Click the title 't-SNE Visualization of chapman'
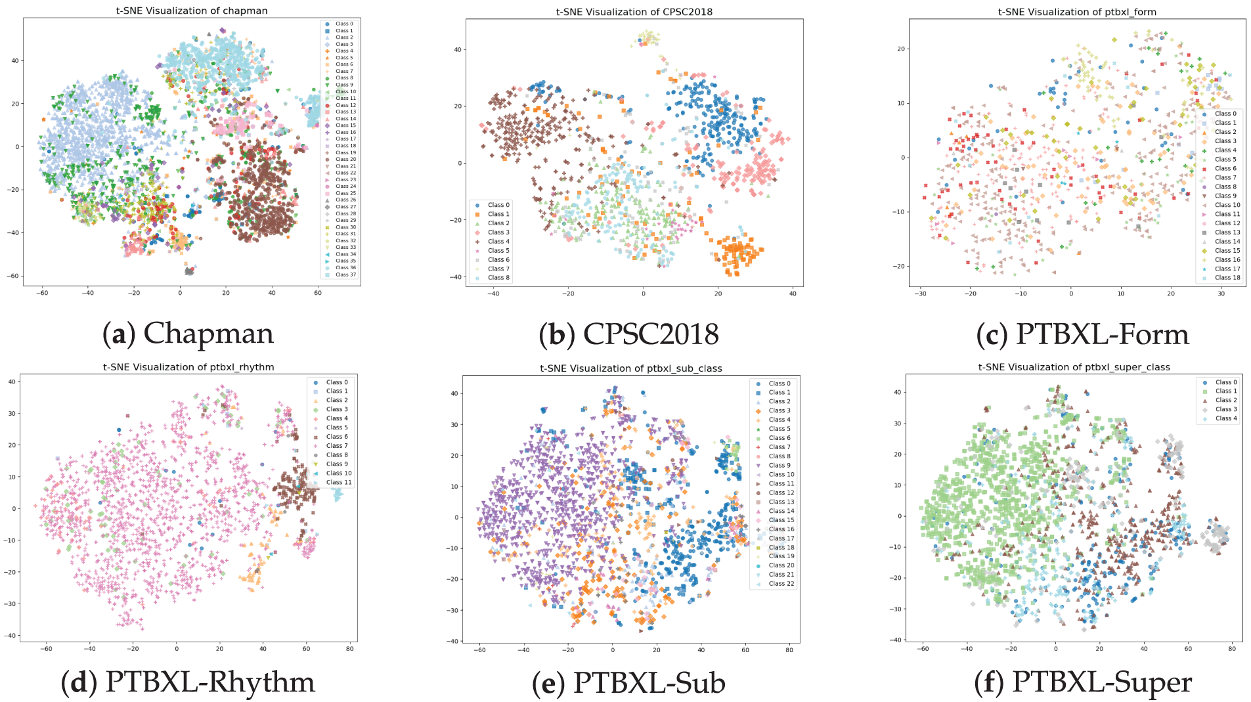click(x=192, y=11)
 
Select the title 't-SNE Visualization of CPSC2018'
click(x=634, y=12)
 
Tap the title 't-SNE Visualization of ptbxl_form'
click(x=1077, y=12)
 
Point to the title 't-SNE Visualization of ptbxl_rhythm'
click(x=188, y=367)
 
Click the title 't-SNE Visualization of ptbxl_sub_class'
click(x=631, y=368)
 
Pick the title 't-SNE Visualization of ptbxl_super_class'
click(x=1074, y=367)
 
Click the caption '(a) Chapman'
click(x=188, y=334)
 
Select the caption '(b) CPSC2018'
click(x=629, y=334)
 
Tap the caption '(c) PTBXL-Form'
click(x=1082, y=334)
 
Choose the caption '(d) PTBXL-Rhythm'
click(x=188, y=682)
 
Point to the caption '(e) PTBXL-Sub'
click(x=628, y=683)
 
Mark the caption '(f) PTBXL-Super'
click(x=1083, y=682)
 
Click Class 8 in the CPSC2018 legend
click(x=498, y=278)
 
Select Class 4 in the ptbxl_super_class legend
click(x=1225, y=418)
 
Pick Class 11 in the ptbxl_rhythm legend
click(x=339, y=482)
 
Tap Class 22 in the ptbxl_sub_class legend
click(x=781, y=583)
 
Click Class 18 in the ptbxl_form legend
click(x=1227, y=278)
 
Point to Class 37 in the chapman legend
click(x=345, y=274)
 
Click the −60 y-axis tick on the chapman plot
click(x=13, y=276)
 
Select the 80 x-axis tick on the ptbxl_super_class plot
click(x=1231, y=649)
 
